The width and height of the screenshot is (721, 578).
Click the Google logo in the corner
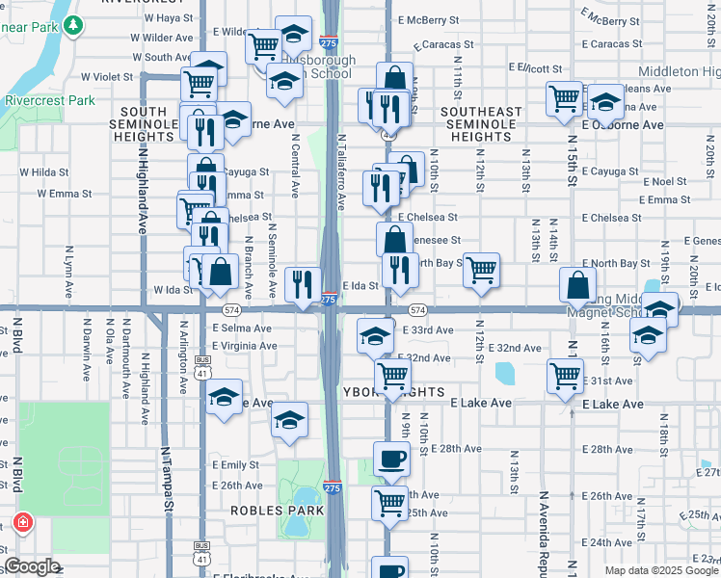[32, 566]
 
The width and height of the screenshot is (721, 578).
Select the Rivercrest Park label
[50, 100]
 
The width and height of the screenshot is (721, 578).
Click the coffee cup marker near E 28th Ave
[391, 459]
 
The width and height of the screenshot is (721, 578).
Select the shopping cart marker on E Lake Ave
[564, 376]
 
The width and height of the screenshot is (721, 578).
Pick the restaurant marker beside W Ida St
[304, 284]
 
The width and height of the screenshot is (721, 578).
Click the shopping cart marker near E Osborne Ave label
[564, 98]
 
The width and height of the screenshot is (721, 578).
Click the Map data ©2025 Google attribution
[661, 570]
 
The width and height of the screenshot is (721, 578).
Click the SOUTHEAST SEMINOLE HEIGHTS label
[481, 124]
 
